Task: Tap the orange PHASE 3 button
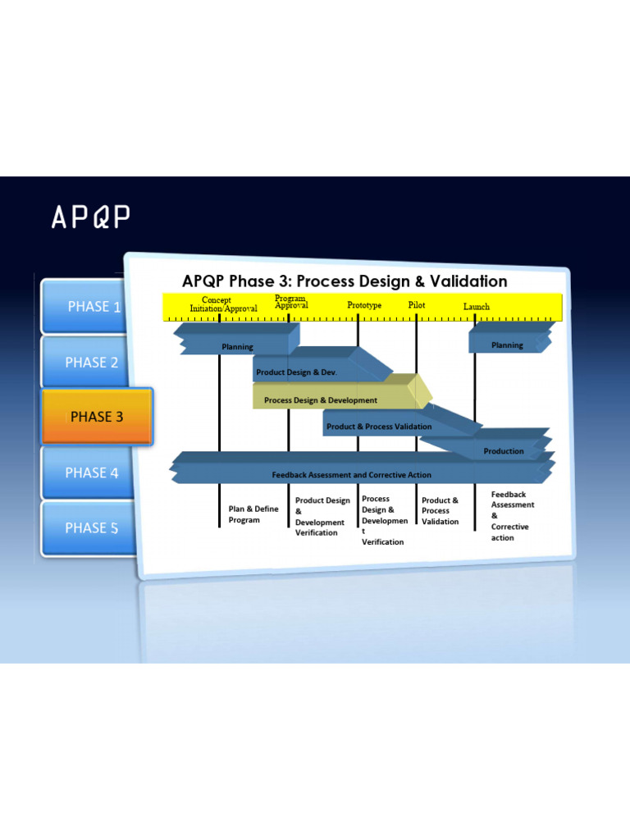pos(97,417)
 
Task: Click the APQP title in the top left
pos(91,217)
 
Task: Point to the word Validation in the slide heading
pos(467,281)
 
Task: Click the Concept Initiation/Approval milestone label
pos(223,304)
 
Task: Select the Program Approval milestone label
pos(291,302)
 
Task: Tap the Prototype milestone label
pos(364,305)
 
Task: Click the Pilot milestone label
pos(417,304)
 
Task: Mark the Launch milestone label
pos(477,307)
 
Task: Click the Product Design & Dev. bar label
pos(296,372)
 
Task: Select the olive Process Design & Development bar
pos(321,400)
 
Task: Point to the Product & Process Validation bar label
pos(379,427)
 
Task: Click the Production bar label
pos(504,451)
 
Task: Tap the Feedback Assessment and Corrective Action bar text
pos(351,475)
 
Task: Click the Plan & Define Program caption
pos(253,514)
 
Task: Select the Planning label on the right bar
pos(507,345)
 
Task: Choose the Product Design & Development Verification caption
pos(322,517)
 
